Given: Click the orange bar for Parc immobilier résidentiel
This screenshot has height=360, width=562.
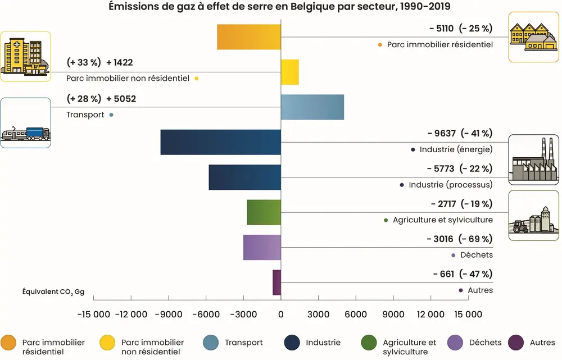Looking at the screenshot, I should point(249,37).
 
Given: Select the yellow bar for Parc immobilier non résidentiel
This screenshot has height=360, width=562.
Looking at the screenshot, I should point(290,72).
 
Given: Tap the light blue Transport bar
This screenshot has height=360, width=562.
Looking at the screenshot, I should point(312,107).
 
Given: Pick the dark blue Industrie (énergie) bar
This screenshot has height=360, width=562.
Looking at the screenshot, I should point(220,142).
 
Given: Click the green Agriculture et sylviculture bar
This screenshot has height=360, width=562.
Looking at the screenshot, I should point(264,212).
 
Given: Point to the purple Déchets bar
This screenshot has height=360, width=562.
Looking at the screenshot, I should point(262,247).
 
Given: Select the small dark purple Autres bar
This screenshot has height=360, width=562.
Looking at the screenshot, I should point(277,282).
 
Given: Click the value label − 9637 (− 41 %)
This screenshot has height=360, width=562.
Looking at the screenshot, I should point(459,134).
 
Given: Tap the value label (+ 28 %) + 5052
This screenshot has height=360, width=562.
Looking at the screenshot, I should point(101,99).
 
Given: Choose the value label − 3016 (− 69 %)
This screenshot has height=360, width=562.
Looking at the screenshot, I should point(459,239).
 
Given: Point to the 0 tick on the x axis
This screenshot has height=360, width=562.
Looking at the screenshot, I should point(281,315).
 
